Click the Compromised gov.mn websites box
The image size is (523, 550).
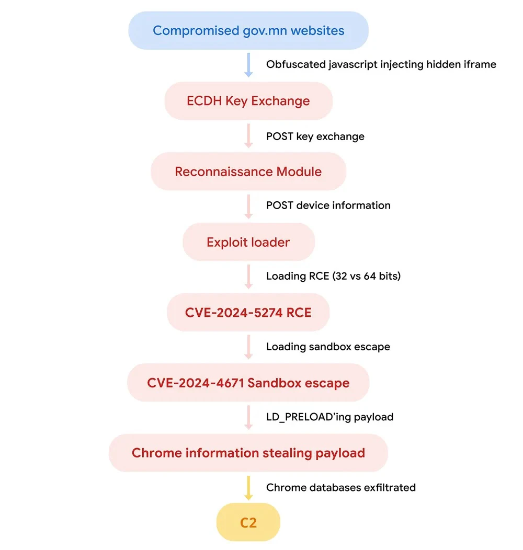248,30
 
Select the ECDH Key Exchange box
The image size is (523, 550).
248,101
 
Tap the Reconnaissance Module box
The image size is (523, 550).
248,171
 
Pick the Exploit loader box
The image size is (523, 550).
248,242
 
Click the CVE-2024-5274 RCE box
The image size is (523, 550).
248,313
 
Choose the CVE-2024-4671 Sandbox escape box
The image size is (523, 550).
248,383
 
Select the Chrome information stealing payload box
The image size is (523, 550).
248,453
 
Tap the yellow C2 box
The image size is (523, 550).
248,522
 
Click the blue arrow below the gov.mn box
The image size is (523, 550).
248,65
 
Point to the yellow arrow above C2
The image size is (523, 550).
248,487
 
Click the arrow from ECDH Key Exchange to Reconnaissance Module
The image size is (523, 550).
248,136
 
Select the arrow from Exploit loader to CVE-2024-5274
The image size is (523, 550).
248,277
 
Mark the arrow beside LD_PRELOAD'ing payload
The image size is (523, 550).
248,417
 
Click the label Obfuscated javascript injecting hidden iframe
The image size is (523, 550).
381,65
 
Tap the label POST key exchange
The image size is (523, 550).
315,136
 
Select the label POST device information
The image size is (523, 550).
328,205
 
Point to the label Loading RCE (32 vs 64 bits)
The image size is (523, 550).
333,276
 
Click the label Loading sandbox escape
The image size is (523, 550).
328,347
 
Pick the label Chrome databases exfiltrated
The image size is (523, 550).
340,487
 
